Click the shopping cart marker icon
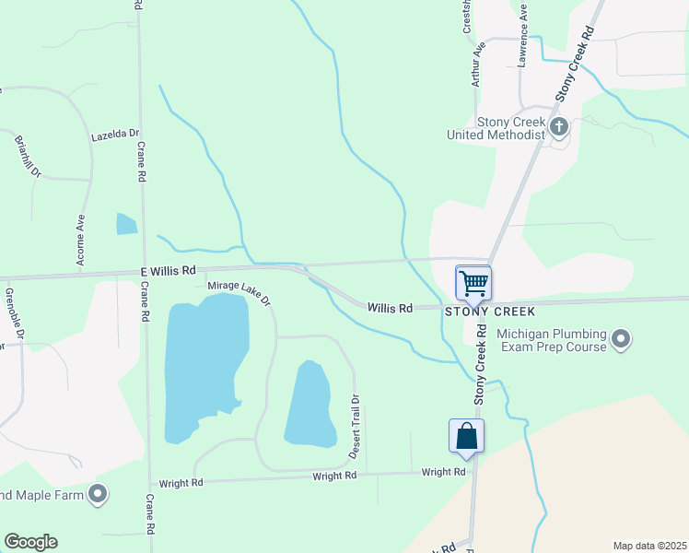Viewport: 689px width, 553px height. [473, 281]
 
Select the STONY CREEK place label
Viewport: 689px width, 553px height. [490, 312]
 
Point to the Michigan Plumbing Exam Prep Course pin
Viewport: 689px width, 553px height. [622, 340]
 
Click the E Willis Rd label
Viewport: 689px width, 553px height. [169, 271]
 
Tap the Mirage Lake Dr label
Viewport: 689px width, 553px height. [239, 292]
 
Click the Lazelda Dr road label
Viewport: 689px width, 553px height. [114, 135]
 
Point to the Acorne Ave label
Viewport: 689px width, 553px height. [81, 241]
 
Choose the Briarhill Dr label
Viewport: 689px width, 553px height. [29, 157]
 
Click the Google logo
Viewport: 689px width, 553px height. [30, 542]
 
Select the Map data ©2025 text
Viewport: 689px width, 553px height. [649, 546]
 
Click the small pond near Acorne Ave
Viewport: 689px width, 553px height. [126, 223]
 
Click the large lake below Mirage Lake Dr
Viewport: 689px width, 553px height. [204, 364]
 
